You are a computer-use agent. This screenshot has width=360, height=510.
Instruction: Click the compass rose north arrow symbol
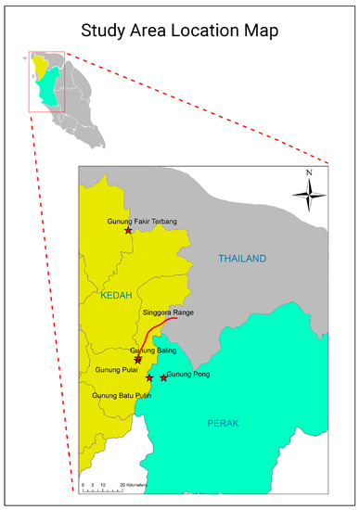pos(309,194)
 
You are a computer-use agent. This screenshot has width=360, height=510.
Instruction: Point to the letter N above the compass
pos(309,173)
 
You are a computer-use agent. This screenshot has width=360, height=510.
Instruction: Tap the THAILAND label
pos(242,258)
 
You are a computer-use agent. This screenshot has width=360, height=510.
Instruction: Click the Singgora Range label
pos(169,312)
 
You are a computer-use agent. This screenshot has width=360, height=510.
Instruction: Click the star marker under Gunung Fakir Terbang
pos(128,230)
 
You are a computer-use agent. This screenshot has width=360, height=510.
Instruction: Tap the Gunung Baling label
pos(153,350)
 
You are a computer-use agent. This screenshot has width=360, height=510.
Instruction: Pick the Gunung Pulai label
pos(116,369)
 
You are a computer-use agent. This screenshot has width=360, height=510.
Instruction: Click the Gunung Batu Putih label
pos(122,395)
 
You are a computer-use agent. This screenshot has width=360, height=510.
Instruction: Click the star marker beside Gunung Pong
pos(164,377)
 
